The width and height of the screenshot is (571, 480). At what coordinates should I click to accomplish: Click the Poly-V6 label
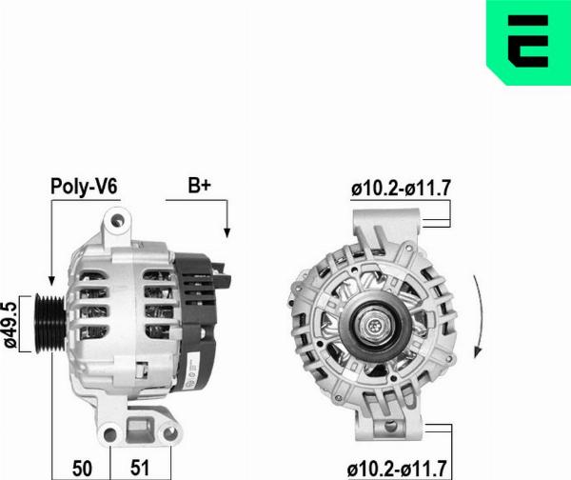coord(84,187)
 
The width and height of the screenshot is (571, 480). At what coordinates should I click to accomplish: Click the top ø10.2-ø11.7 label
coord(400,189)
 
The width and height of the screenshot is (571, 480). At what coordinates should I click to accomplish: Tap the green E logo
coord(528,42)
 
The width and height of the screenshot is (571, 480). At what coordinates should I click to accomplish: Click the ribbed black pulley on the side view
coord(50,320)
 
